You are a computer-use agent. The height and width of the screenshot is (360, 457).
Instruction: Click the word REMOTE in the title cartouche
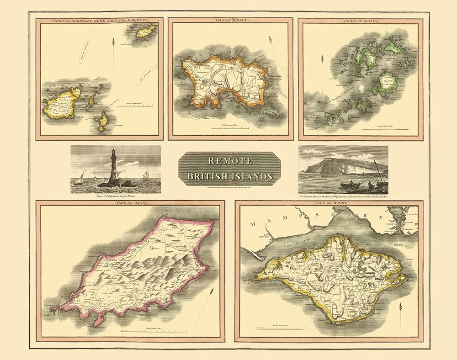click(229, 161)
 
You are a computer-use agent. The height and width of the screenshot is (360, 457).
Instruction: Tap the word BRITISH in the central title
click(211, 176)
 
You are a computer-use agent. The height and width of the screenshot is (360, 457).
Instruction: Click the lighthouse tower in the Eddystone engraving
click(114, 164)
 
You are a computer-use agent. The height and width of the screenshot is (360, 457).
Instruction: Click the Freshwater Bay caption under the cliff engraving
click(343, 196)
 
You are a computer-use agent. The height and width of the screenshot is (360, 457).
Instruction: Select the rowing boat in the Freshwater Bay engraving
click(350, 184)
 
